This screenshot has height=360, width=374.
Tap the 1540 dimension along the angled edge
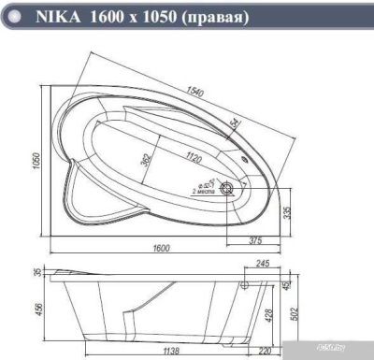point(194,91)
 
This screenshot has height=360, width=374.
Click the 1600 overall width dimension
point(160,248)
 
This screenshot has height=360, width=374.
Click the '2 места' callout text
point(203,190)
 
